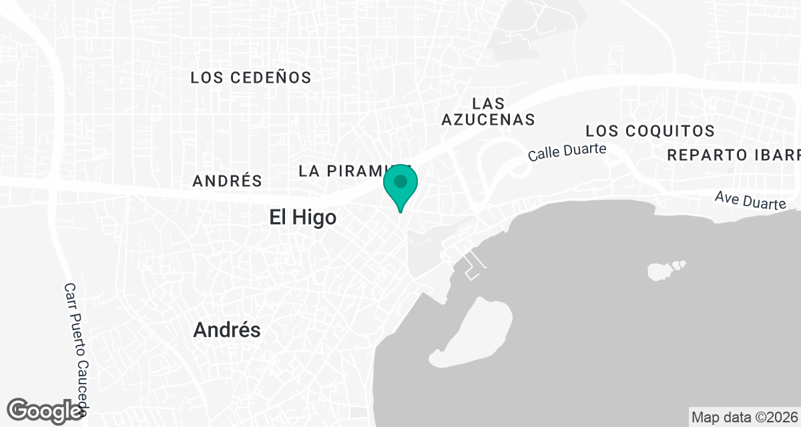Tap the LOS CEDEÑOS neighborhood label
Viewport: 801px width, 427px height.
pos(251,78)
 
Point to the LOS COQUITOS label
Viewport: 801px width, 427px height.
pos(650,131)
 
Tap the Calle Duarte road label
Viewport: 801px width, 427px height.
pos(567,152)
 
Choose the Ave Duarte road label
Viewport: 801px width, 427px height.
pos(750,199)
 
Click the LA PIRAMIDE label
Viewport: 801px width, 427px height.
pos(347,171)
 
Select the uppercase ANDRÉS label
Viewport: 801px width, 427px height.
pos(227,181)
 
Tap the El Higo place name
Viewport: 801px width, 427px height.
pos(302,218)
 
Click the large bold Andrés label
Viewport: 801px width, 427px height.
pos(227,330)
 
